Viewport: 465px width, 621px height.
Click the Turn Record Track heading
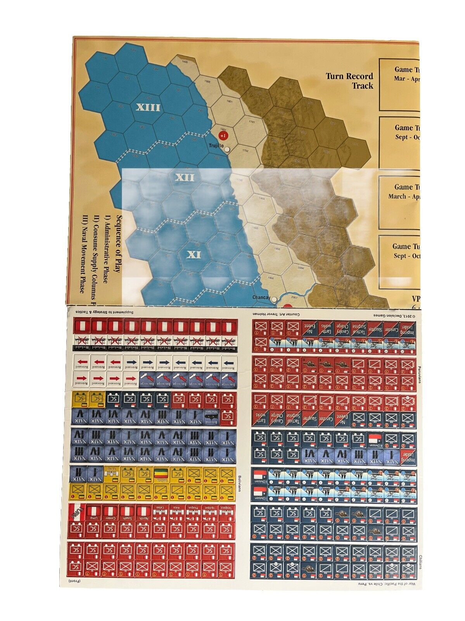pyautogui.click(x=349, y=81)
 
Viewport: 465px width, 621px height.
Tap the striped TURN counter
pyautogui.click(x=76, y=512)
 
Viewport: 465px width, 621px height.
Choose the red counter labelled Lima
pyautogui.click(x=93, y=512)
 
